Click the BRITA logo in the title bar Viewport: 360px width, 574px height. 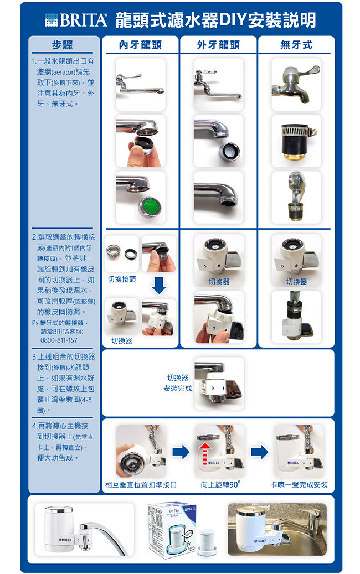pos(76,20)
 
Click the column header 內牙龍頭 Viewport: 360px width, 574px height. pos(140,45)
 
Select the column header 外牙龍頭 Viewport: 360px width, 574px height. pos(218,45)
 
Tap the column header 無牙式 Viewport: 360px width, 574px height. pos(296,45)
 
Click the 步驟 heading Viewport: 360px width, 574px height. pos(62,45)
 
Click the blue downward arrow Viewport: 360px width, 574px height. pos(159,286)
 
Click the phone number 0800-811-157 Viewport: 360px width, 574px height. pos(59,340)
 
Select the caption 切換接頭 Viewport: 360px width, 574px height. pos(122,280)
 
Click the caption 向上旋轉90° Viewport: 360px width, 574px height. pos(220,484)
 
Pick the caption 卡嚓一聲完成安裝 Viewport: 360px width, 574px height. pos(299,485)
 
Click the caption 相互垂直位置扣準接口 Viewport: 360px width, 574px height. pos(141,485)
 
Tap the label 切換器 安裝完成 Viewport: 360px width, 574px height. pos(178,383)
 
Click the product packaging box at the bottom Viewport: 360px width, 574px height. pos(171,529)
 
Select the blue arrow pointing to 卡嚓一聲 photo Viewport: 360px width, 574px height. pos(260,452)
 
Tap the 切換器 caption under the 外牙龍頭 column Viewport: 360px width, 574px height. pos(219,282)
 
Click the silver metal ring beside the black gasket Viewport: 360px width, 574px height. pos(113,250)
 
